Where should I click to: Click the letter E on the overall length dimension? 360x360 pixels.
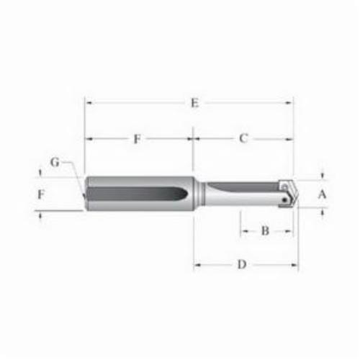(194, 103)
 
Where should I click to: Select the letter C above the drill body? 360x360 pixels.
(243, 138)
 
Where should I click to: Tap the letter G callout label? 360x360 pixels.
(55, 162)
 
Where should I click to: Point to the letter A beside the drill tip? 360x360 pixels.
(323, 193)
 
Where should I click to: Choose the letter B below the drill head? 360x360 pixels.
(265, 231)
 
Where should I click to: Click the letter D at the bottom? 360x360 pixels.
(243, 265)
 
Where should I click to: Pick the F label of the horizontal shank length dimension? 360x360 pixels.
(137, 139)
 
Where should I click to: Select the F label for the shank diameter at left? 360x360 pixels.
(41, 194)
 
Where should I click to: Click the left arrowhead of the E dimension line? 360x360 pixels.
(88, 103)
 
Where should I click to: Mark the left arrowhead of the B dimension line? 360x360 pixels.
(243, 231)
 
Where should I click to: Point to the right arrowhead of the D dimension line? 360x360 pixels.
(295, 265)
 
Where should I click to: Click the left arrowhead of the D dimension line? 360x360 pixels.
(197, 265)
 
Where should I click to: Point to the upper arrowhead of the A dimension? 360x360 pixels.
(323, 175)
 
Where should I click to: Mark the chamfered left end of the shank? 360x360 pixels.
(86, 194)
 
